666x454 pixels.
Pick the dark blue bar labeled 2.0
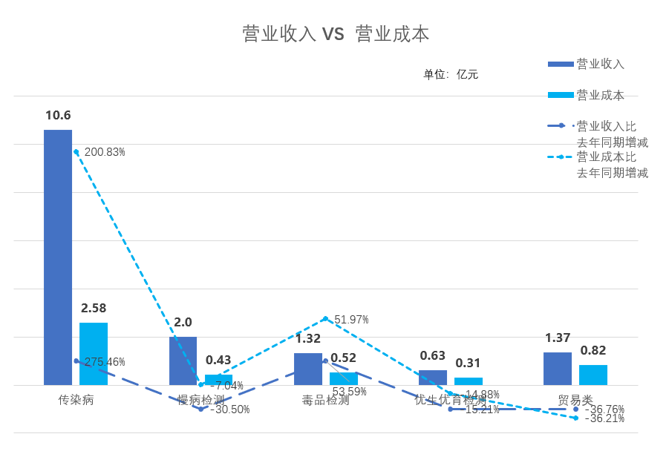[183, 361]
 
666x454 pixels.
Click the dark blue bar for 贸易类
[558, 369]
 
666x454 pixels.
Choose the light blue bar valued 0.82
[593, 375]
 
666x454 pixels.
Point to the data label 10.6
[58, 115]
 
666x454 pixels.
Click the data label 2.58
[94, 308]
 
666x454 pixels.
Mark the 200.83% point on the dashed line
[76, 151]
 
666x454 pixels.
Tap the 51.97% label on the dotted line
[351, 320]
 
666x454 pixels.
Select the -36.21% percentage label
[604, 418]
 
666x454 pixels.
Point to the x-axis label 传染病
[76, 400]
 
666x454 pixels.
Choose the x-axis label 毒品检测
[325, 400]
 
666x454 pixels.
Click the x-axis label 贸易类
[575, 400]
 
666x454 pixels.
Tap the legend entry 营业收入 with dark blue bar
[600, 64]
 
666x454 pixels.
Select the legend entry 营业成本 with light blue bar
[600, 95]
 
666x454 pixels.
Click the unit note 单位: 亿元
[451, 74]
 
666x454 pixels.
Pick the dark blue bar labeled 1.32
[308, 369]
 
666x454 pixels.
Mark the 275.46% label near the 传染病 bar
[105, 362]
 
